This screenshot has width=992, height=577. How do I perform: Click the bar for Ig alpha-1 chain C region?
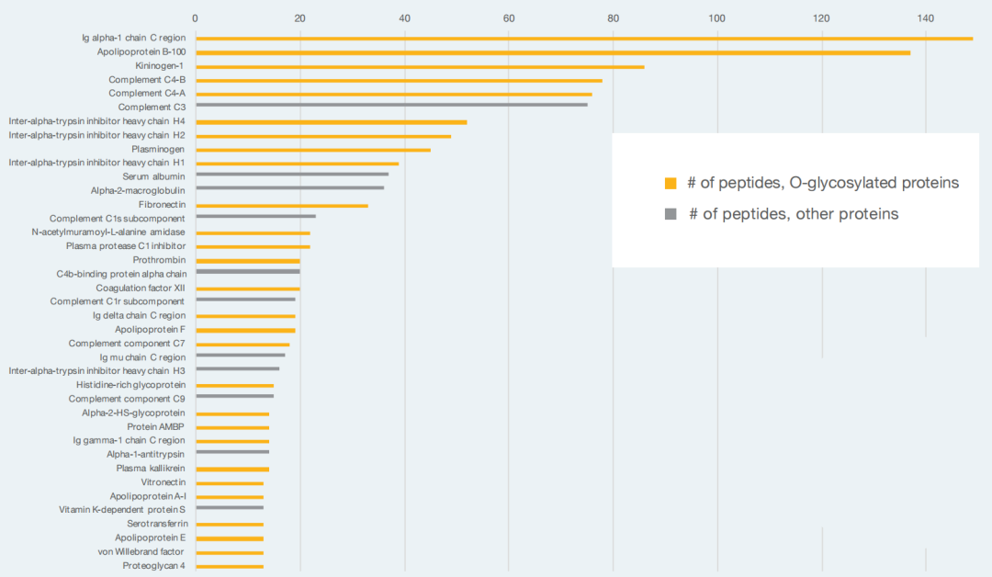(x=584, y=39)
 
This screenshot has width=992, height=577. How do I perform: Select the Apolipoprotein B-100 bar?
(x=553, y=52)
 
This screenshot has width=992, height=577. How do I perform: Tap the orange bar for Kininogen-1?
(x=420, y=66)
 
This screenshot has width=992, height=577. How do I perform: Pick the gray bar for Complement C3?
(x=391, y=105)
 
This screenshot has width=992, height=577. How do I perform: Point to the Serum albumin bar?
(x=292, y=174)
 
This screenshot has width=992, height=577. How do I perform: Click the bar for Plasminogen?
(x=313, y=150)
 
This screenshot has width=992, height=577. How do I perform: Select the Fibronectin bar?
(x=282, y=206)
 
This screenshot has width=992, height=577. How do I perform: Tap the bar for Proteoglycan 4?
(x=230, y=566)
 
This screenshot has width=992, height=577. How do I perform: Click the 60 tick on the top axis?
(x=509, y=18)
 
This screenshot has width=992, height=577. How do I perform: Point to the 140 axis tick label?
(x=926, y=18)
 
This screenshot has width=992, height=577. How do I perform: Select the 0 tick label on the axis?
(x=195, y=18)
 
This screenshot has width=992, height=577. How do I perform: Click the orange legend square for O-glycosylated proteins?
(x=671, y=184)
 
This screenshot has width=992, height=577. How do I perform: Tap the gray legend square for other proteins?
(x=671, y=214)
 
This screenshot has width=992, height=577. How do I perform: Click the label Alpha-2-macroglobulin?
(x=138, y=190)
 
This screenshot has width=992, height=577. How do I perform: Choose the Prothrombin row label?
(x=160, y=260)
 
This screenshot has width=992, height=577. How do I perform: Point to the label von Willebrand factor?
(x=141, y=551)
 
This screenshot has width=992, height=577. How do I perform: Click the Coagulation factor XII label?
(x=141, y=288)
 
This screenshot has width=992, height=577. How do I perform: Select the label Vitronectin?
(x=163, y=482)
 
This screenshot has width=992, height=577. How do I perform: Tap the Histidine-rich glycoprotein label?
(x=131, y=385)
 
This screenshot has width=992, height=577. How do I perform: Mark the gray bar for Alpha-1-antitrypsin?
(x=232, y=452)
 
